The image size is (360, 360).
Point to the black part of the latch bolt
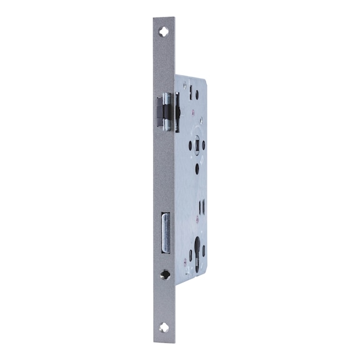(159, 110)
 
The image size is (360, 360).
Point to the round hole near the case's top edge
(196, 94)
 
